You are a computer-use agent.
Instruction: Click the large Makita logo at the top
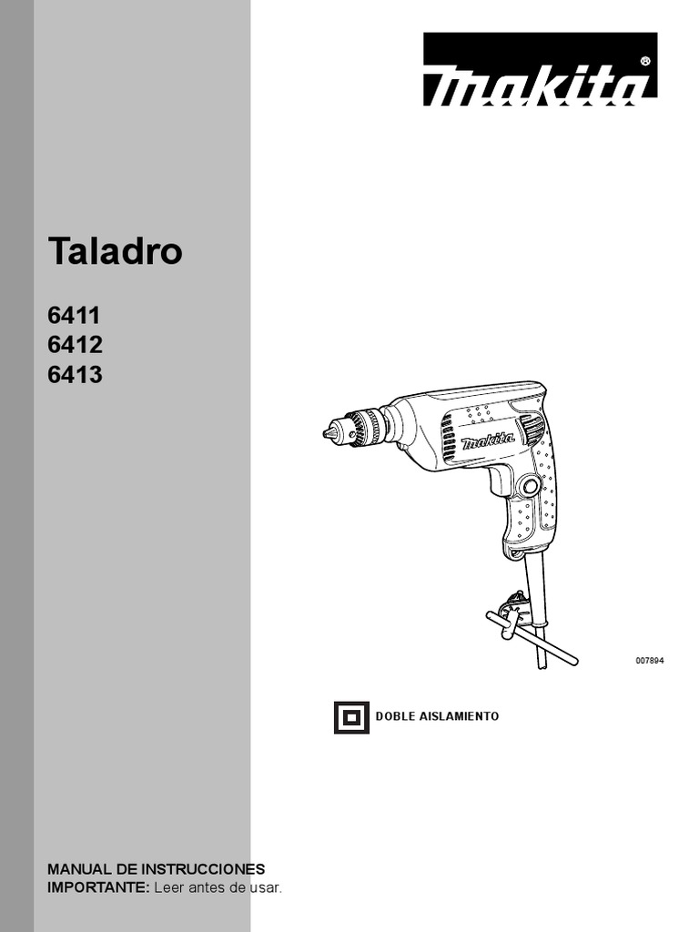tap(540, 69)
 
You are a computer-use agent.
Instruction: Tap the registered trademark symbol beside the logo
tap(646, 61)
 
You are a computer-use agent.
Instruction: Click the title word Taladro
tap(115, 250)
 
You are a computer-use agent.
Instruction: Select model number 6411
tap(74, 315)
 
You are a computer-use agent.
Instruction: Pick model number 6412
tap(75, 345)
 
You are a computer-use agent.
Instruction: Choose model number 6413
tap(75, 374)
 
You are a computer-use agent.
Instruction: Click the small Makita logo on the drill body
tap(488, 441)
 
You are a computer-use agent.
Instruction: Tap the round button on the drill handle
tap(530, 487)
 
